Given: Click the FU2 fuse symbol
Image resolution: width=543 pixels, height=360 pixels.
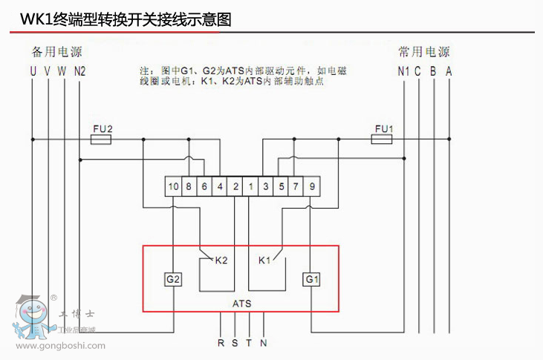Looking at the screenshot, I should [101, 139].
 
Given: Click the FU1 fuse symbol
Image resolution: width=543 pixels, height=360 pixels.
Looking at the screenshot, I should [383, 139].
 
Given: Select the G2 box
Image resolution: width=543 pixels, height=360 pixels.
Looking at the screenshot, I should [173, 279].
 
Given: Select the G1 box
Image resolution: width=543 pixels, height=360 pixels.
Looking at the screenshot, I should [310, 279].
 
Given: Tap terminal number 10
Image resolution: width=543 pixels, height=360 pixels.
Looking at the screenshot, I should [173, 187].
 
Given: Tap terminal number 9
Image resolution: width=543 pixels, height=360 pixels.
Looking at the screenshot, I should [312, 187].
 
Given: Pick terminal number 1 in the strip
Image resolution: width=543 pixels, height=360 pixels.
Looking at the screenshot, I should [251, 187].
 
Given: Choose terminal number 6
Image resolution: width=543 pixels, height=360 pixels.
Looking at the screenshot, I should [204, 187].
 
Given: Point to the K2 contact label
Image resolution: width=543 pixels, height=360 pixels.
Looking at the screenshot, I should [221, 261].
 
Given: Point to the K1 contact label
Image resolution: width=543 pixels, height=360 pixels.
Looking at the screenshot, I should [264, 261].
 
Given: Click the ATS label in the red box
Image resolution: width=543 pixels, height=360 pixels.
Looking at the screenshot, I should [241, 304].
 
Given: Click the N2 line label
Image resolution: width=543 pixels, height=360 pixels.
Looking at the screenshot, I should [80, 72].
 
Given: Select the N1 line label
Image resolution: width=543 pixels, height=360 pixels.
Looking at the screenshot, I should [403, 72].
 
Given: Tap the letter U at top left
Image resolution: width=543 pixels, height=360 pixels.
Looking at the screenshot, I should [33, 72].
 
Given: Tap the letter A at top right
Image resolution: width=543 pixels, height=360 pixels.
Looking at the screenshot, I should [448, 72].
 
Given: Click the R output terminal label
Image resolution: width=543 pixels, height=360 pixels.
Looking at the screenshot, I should [221, 343].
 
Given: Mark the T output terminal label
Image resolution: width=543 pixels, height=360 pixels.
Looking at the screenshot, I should [249, 343].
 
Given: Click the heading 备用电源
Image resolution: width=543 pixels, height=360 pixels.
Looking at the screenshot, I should [56, 53].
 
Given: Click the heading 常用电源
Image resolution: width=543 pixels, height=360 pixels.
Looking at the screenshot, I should [423, 53].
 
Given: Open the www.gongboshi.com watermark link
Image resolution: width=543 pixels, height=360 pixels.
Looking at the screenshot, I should [61, 346].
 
